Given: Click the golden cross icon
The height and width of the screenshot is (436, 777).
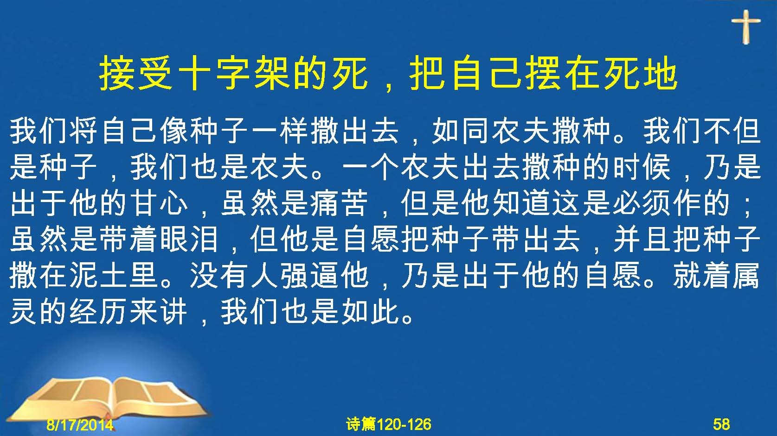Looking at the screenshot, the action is [746, 26].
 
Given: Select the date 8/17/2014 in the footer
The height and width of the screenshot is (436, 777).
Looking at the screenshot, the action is [80, 424].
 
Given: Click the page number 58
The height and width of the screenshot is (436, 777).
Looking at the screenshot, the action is [721, 424].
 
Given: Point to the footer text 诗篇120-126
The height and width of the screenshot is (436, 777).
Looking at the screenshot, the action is [389, 424].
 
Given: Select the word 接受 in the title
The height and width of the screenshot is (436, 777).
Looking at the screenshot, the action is [135, 74].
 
